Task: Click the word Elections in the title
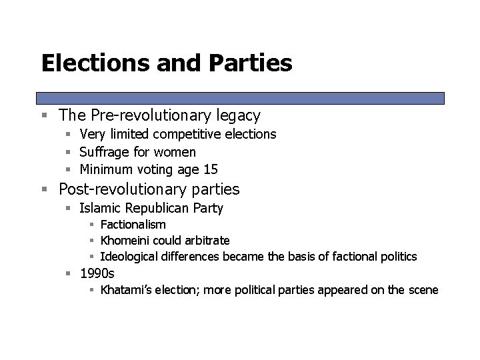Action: [93, 63]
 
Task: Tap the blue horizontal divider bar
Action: [240, 97]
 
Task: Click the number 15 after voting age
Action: [211, 169]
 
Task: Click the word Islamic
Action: [101, 208]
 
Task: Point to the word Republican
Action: [158, 208]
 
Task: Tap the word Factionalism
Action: [133, 225]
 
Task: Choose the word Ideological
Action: [131, 256]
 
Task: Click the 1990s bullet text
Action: [97, 272]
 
